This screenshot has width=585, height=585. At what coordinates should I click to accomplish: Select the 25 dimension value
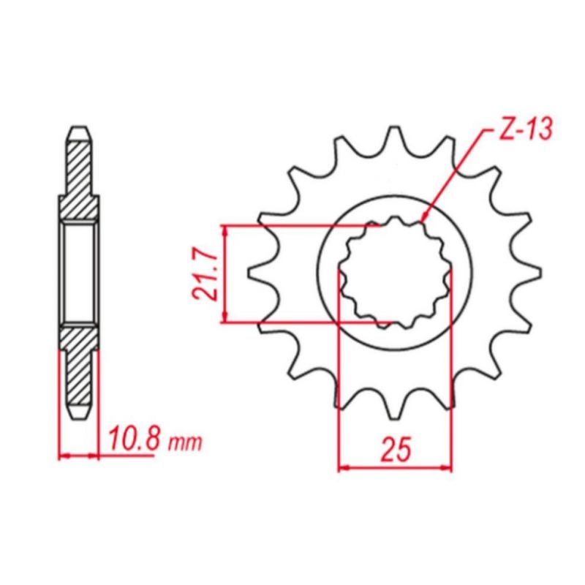pyautogui.click(x=396, y=448)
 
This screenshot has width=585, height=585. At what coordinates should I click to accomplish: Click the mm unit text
pyautogui.click(x=185, y=443)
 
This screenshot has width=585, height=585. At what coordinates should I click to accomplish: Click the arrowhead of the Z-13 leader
pyautogui.click(x=424, y=218)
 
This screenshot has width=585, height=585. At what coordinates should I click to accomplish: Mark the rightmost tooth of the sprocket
pyautogui.click(x=529, y=273)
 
